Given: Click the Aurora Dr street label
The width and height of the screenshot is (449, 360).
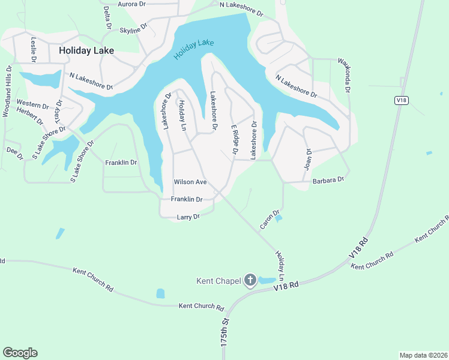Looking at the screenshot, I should pos(132,4).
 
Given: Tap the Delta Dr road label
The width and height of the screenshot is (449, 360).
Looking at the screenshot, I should pos(107,17).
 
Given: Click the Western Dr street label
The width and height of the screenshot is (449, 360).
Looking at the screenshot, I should pos(32,104).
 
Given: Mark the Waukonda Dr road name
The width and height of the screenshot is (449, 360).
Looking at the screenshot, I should pos(343,75).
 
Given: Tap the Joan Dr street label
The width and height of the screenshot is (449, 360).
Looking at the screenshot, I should pos(309,159).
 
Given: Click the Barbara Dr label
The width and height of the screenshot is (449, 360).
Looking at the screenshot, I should pos(328,179).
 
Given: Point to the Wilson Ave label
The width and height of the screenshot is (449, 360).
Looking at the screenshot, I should pos(190,182).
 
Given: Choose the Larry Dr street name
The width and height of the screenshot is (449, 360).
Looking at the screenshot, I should pos(188,217).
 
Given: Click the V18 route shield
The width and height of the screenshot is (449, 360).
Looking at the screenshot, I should pos(402,100).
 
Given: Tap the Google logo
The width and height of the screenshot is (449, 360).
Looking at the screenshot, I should pos(20,353).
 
